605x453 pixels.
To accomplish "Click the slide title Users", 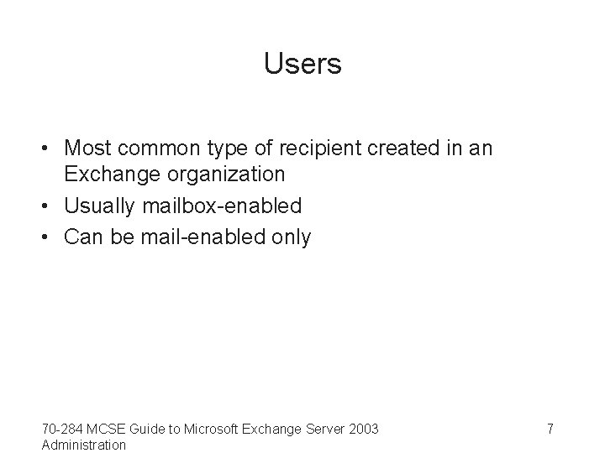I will (302, 64).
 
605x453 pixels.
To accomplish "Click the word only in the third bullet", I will (291, 237).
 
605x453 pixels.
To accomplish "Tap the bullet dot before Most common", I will (47, 148).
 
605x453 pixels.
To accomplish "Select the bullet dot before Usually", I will (47, 206).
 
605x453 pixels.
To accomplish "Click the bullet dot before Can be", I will (47, 238).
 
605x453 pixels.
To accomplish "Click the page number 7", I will (550, 430).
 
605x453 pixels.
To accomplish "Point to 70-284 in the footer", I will (60, 430).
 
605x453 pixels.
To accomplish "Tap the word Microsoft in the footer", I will (209, 430).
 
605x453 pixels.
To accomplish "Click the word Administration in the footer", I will (83, 445).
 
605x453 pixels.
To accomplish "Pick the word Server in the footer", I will (324, 430).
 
